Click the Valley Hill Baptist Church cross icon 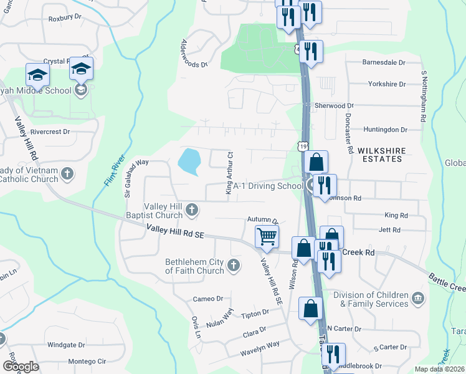pos(193,210)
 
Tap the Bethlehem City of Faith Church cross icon pos(234,266)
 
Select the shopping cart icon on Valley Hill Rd pos(267,236)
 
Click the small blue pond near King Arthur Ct pos(189,161)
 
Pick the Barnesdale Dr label pos(384,63)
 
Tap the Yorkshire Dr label pos(387,84)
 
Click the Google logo pos(21,367)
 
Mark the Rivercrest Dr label pos(50,132)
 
